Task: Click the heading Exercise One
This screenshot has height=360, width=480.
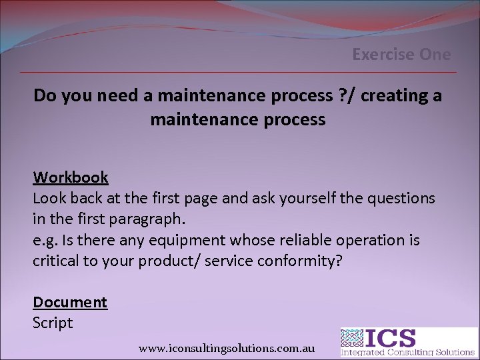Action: pyautogui.click(x=401, y=55)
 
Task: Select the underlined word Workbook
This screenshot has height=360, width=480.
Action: pyautogui.click(x=71, y=177)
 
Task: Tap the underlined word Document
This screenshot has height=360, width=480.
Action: pyautogui.click(x=70, y=302)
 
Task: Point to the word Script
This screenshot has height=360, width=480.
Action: pyautogui.click(x=53, y=323)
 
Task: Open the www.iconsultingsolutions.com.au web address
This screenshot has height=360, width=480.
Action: pyautogui.click(x=227, y=348)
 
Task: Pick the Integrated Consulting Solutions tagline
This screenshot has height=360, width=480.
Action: pyautogui.click(x=408, y=352)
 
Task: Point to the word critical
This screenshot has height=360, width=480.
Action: pyautogui.click(x=57, y=260)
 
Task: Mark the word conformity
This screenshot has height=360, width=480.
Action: pyautogui.click(x=299, y=260)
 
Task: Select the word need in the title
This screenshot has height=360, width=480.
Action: pyautogui.click(x=118, y=96)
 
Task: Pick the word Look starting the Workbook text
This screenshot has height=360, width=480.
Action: pyautogui.click(x=49, y=198)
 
